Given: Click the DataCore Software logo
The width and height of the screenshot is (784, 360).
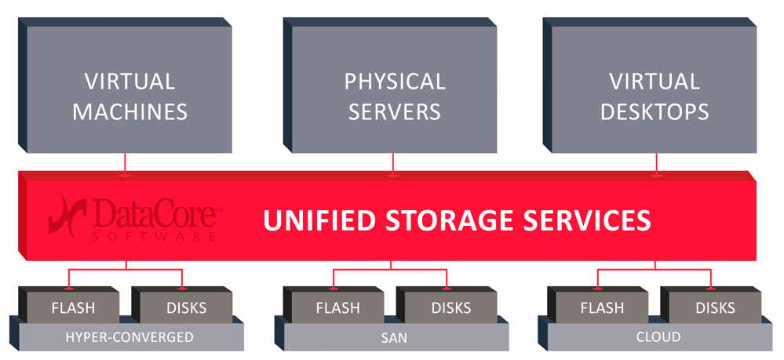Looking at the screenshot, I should (133, 219).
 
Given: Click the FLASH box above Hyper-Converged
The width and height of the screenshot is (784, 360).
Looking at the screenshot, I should (74, 307).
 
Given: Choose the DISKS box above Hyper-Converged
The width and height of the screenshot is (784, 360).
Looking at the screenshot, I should (185, 307).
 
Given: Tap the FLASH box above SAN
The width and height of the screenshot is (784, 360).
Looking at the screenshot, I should (338, 307).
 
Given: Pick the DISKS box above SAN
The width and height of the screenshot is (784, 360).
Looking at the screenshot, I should (450, 307).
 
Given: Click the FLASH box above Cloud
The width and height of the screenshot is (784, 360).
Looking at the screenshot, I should (603, 307).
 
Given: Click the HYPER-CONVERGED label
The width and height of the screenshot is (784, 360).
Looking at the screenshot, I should (129, 337).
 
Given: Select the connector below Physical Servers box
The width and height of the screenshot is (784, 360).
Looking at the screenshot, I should (393, 163).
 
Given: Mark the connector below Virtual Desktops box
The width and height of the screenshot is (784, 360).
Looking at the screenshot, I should (657, 163).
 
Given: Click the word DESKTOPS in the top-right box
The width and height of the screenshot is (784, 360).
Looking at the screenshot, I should (655, 111).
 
